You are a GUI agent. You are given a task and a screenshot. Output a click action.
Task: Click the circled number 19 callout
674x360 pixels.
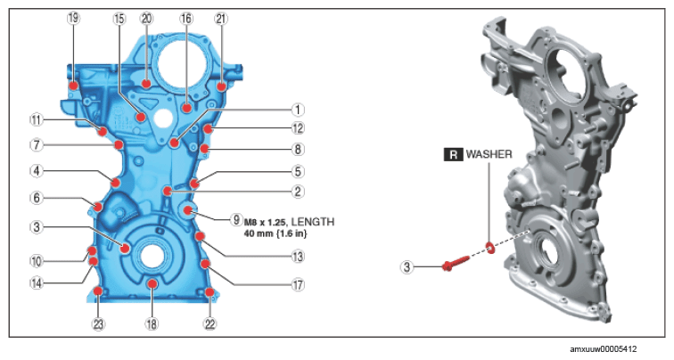(x=73, y=18)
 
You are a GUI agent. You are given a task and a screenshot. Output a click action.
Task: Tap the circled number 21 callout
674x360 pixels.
(x=221, y=19)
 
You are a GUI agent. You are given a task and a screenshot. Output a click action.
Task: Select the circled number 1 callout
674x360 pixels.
(x=298, y=110)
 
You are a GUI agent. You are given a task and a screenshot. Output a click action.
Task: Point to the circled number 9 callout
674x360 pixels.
(x=236, y=220)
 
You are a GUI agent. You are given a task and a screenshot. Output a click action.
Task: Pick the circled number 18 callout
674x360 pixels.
(x=152, y=324)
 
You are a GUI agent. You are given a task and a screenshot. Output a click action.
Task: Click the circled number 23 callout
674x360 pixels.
(x=98, y=324)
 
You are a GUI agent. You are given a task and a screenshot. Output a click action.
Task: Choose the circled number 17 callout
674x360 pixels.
(x=298, y=284)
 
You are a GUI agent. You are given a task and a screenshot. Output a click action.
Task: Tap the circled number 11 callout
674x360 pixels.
(x=37, y=120)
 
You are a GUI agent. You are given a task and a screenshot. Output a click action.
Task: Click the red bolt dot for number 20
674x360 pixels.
(x=146, y=84)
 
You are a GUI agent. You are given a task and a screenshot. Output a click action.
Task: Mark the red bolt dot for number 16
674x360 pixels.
(x=186, y=108)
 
